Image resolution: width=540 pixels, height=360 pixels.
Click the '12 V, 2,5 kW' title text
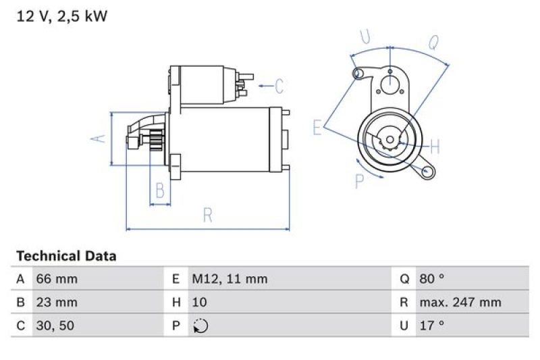61,17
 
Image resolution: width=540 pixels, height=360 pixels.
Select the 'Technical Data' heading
66,256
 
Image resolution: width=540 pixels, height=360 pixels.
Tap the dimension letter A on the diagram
99,138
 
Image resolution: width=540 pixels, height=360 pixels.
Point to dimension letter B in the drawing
160,190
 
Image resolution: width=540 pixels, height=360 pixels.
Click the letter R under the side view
208,215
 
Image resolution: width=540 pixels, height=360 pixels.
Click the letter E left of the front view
317,127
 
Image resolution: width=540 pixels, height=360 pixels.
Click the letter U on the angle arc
365,37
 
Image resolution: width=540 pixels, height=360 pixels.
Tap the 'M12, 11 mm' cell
229,278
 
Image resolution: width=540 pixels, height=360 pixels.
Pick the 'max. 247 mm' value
460,302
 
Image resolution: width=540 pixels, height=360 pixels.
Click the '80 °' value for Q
432,278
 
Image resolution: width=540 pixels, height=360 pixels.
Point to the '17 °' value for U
432,326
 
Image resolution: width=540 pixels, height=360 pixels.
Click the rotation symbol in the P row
200,326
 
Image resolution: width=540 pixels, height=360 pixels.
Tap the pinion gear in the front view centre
389,140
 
